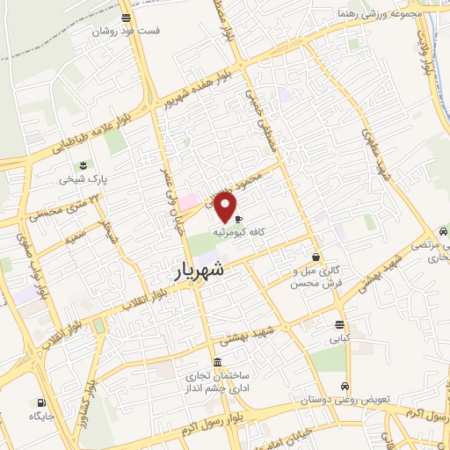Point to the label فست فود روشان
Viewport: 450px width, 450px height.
click(x=127, y=31)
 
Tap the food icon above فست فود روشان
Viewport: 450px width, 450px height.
click(x=127, y=17)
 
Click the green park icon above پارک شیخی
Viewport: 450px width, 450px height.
click(x=83, y=164)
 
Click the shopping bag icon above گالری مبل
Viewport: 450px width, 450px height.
click(x=316, y=258)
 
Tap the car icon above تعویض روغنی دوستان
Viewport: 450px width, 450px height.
click(x=345, y=386)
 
